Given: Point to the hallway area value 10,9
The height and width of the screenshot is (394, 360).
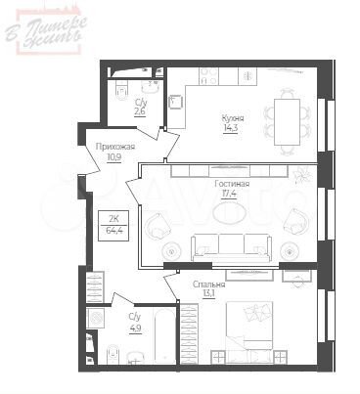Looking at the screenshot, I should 115,156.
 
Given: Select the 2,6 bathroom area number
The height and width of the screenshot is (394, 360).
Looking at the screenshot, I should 141,111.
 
